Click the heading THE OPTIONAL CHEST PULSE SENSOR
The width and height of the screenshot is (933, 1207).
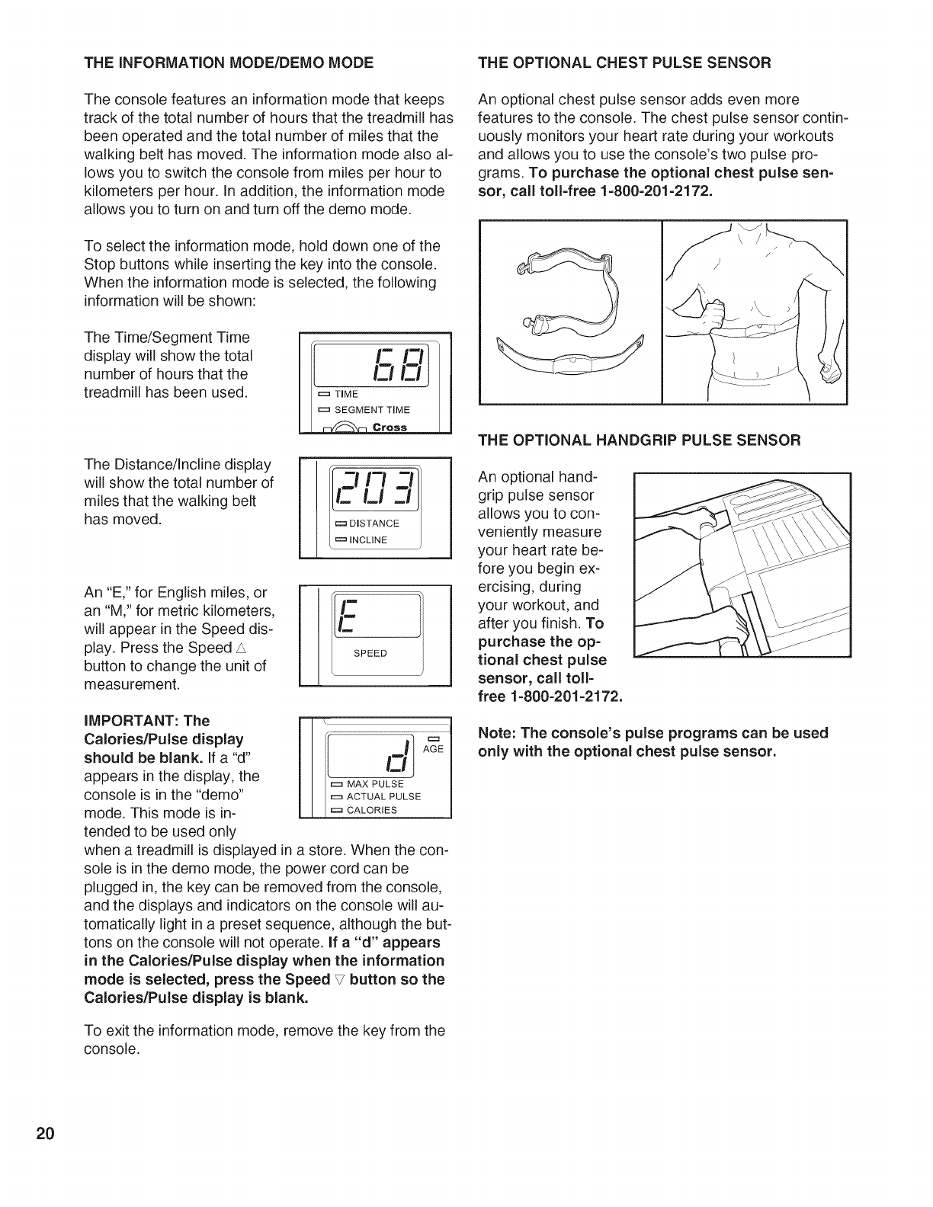point(624,62)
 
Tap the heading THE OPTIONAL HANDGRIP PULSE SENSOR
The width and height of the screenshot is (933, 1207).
point(639,440)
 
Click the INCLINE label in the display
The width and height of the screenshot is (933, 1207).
point(368,540)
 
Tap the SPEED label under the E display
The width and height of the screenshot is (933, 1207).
point(370,653)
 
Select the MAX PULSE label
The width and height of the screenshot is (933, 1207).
point(374,784)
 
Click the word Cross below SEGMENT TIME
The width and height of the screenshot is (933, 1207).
point(390,427)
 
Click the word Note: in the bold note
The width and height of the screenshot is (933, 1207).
point(496,734)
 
